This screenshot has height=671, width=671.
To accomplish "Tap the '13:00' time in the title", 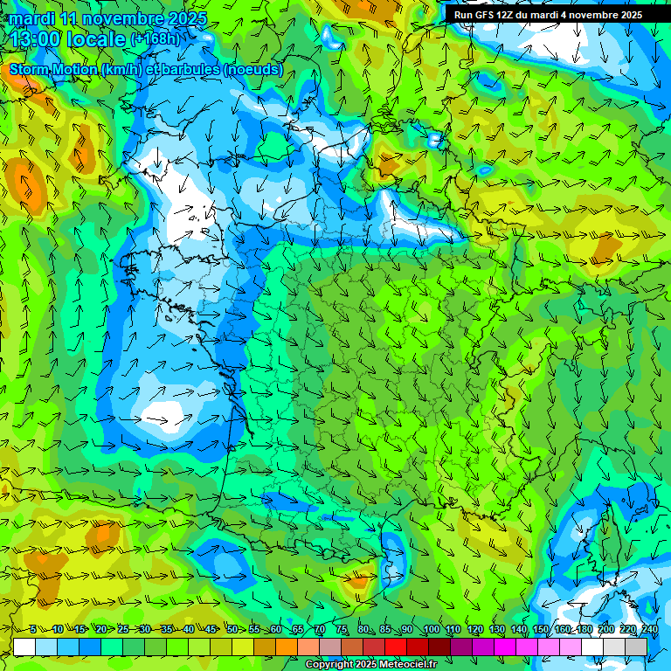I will (x=37, y=38).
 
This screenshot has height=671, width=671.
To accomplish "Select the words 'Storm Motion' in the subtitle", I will (x=53, y=69).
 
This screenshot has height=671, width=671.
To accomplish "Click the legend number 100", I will (x=431, y=629).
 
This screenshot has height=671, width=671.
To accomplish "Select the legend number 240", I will (x=649, y=629).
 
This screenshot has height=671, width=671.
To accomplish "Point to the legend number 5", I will (x=32, y=629).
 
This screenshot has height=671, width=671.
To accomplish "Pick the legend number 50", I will (x=232, y=629).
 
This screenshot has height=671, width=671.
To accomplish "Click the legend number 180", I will (x=584, y=629).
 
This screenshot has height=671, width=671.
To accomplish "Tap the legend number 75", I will (x=342, y=629).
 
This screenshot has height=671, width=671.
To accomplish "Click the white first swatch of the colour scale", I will (x=24, y=647).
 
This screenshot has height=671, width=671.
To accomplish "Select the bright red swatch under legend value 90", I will (x=396, y=647).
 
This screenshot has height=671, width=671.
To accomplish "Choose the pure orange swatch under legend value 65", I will (x=287, y=647).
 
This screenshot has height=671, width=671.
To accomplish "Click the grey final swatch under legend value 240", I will (x=637, y=647).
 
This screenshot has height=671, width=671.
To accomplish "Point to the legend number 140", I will (x=518, y=629).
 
